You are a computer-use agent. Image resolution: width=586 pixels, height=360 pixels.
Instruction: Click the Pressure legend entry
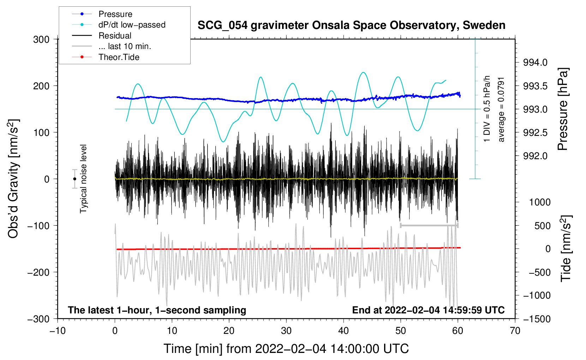coord(115,14)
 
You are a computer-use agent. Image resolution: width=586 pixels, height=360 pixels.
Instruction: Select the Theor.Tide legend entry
coord(119,57)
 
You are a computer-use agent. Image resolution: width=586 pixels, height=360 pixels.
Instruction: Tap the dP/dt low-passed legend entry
coord(132,25)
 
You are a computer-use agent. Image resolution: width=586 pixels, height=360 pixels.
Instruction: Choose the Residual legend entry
coord(115,36)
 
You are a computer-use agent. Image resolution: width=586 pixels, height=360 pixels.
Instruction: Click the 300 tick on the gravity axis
coord(41,40)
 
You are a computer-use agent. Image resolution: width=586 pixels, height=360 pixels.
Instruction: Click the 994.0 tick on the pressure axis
coord(535,62)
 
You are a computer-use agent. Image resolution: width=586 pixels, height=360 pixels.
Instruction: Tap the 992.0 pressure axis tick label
coord(535,156)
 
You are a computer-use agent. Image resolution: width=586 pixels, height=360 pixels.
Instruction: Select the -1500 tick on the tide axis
coord(537,319)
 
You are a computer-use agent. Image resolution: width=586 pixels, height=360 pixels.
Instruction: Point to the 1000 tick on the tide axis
coord(540,202)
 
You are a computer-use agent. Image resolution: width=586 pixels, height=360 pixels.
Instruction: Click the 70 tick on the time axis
coord(515,331)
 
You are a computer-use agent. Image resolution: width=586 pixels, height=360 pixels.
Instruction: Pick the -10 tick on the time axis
coord(58,331)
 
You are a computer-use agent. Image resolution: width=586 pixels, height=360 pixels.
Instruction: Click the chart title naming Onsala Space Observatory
coord(351,25)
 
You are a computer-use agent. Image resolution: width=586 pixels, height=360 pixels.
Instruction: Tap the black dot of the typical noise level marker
coord(74,179)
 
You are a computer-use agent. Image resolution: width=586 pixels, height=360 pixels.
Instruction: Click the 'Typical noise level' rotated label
coord(83,179)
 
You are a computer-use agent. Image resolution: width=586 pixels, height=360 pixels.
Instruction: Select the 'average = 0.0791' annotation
coord(501,109)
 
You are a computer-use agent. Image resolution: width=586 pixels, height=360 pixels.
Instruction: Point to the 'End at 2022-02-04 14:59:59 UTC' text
coord(428,310)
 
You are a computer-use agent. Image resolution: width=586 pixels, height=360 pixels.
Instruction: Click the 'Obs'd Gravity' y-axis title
coord(13,179)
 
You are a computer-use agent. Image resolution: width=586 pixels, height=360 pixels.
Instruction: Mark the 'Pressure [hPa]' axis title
coord(563,109)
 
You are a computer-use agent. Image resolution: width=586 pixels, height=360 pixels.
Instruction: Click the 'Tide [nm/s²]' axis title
coord(566,248)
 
